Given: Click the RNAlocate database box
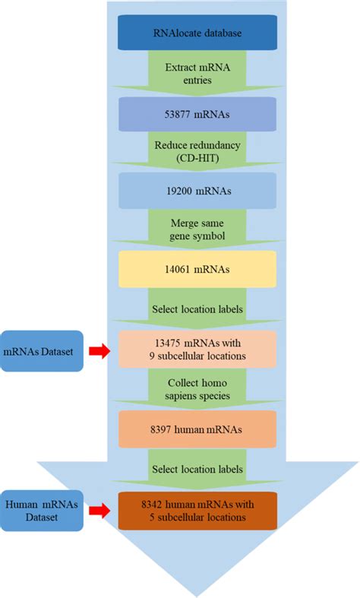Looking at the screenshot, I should (x=196, y=35).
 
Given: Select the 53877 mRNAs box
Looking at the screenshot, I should (x=196, y=114).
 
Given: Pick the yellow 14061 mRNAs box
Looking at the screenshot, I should (x=196, y=269).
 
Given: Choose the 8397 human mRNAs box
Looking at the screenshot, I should (x=196, y=429).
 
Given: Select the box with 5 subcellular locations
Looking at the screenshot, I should (x=196, y=511).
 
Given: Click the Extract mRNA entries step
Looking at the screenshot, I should (x=196, y=74).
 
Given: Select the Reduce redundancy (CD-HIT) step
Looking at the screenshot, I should (x=196, y=152).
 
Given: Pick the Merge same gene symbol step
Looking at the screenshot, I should (x=196, y=230).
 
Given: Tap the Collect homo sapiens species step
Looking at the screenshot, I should (x=196, y=389).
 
